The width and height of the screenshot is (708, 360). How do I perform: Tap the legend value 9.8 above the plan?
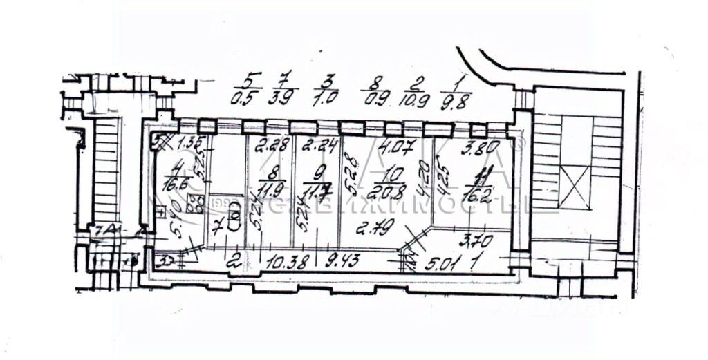[x=460, y=98]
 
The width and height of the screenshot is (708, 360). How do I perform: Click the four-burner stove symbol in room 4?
[x=196, y=203]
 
